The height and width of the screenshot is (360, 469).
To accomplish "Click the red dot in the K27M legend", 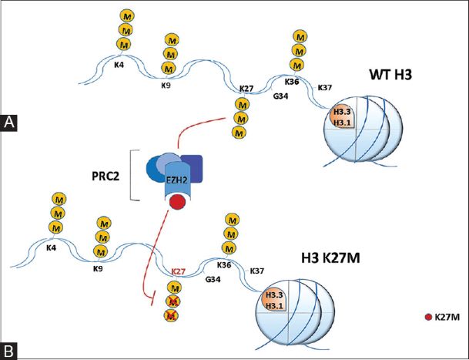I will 427,318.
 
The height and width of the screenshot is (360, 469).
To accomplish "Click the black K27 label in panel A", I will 247,90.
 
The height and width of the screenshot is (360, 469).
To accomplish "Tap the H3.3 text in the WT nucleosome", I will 341,113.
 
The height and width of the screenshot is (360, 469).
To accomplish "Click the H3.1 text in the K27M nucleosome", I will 273,306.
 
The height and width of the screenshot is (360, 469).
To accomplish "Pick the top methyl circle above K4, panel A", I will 129,15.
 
